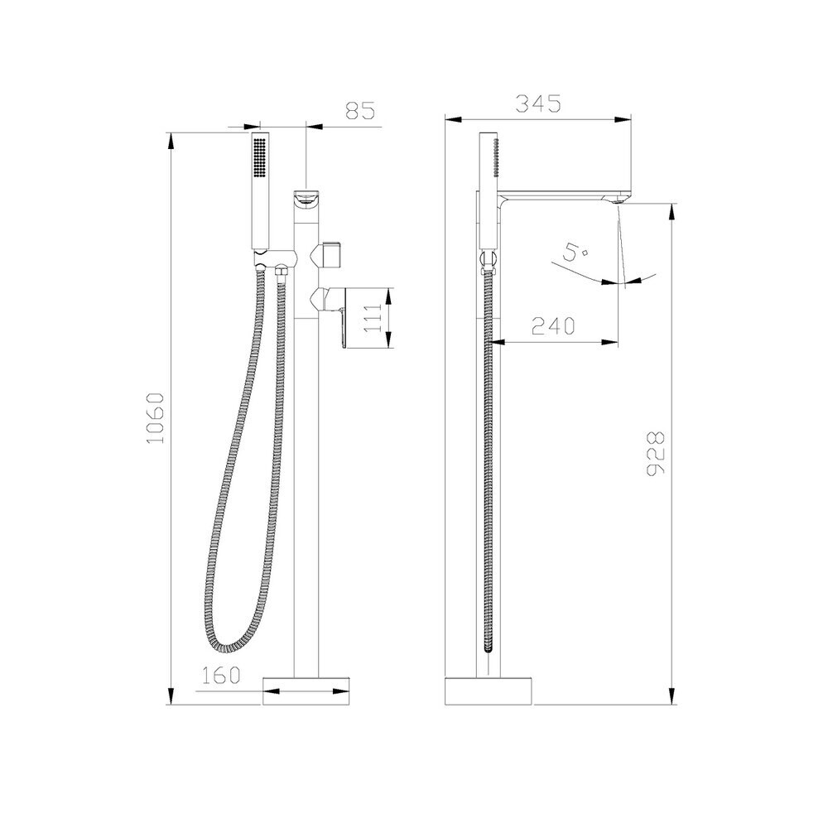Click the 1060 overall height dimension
pyautogui.click(x=156, y=418)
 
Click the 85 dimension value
pyautogui.click(x=360, y=111)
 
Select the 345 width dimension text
pyautogui.click(x=538, y=103)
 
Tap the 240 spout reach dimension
pyautogui.click(x=553, y=326)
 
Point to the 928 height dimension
pyautogui.click(x=656, y=453)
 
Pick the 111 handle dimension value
pyautogui.click(x=373, y=317)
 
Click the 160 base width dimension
pyautogui.click(x=221, y=675)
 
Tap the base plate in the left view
pyautogui.click(x=306, y=691)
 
